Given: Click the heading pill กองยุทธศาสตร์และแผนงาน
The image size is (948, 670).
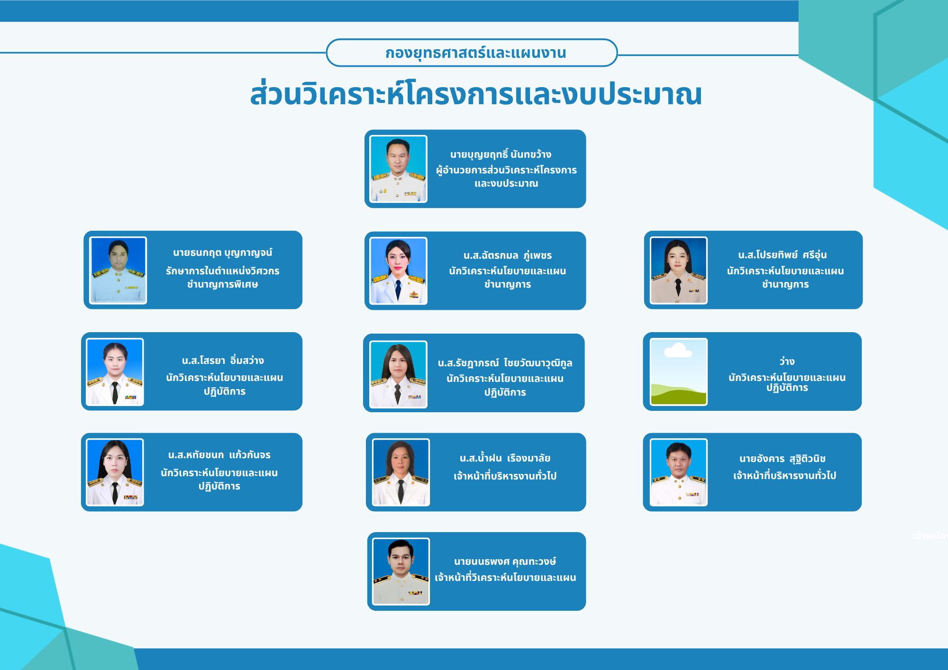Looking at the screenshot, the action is coord(472,53).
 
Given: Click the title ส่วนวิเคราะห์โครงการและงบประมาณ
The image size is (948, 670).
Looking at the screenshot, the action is coord(476,94).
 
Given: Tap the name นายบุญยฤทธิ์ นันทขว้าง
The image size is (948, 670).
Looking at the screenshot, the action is coord(501,154).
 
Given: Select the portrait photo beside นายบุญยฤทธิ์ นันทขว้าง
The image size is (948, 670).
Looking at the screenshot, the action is coord(399,169).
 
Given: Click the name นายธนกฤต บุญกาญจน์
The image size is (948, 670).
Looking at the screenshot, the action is coord(222,253).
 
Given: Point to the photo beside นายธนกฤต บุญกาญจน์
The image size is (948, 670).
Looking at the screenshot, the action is coord(118,270).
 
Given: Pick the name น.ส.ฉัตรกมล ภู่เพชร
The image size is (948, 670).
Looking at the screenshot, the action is coord(508,255).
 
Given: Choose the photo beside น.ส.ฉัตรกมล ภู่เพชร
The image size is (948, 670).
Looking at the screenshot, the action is coord(399,271).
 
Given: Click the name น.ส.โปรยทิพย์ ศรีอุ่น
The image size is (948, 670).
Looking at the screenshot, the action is coord(783,255).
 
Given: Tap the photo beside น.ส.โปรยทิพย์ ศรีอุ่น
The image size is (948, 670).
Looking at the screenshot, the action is coord(679,270).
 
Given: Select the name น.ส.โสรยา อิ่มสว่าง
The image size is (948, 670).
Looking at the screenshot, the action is coord(223,361).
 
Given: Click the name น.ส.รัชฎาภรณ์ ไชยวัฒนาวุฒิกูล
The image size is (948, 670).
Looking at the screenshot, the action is coord(505,363).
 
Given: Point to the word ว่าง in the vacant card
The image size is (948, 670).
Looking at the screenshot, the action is coord(787,362).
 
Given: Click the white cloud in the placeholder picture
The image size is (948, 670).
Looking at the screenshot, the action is coord(678,351).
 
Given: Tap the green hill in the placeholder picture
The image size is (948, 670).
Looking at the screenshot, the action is coord(678,394).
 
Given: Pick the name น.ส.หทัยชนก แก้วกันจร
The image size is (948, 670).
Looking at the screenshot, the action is coord(219,455).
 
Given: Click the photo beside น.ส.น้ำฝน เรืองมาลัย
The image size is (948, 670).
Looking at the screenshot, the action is coord(401,472).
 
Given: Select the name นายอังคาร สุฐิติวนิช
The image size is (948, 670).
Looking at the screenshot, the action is coord(783,459).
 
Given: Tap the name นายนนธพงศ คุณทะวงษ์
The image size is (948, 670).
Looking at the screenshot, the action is coord(505,561).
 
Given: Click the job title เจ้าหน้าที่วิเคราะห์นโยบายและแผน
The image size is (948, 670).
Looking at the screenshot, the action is coord(505,578).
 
